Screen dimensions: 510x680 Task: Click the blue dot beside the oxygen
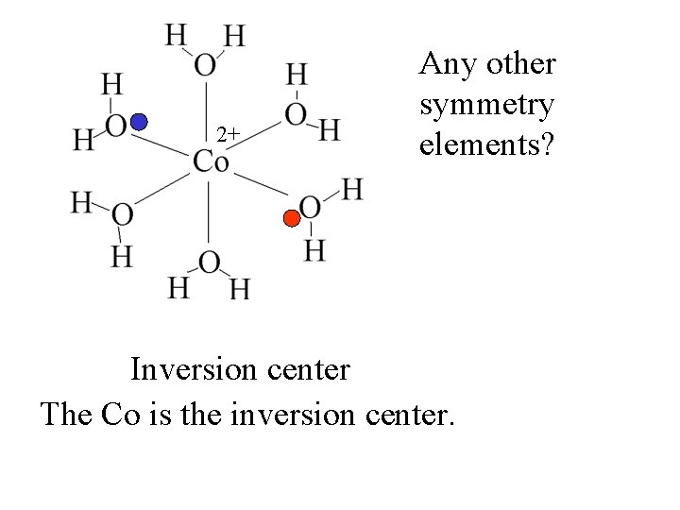tap(140, 122)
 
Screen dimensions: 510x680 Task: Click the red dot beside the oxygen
tap(292, 219)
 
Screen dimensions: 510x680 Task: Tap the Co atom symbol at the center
tap(211, 161)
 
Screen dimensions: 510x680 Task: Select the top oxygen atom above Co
tap(205, 64)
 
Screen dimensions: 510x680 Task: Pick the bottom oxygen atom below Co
tap(209, 262)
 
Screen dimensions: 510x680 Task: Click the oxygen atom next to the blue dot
tap(116, 126)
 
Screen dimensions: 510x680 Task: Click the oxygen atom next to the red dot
tap(310, 208)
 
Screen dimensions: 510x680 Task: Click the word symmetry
tap(486, 106)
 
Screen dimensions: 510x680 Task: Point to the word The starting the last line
tap(66, 413)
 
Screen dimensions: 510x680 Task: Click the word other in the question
tap(518, 64)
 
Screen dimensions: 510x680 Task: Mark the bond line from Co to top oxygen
tap(207, 111)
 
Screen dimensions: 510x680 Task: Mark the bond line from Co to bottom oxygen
tap(208, 212)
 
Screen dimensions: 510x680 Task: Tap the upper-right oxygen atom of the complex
tap(296, 115)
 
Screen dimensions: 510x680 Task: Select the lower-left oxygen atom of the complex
tap(121, 215)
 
